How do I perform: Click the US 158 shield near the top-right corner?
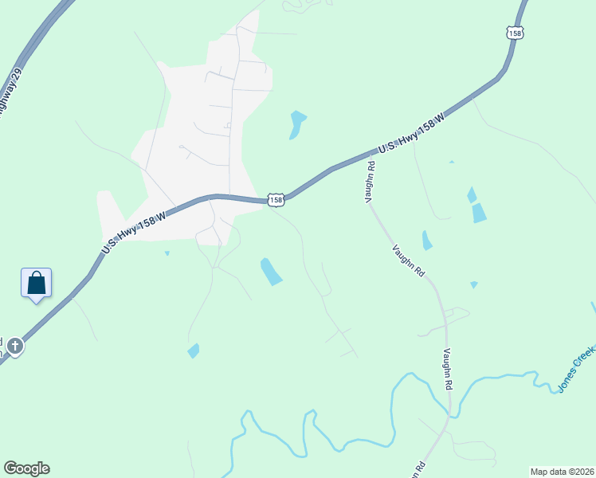tap(515, 33)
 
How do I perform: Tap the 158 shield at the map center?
tap(275, 200)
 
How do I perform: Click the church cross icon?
tap(14, 346)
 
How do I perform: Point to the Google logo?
tap(26, 468)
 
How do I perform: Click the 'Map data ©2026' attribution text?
tap(561, 471)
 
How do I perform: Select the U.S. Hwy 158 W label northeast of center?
tap(410, 133)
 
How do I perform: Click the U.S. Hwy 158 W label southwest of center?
tap(134, 233)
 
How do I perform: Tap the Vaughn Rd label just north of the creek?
tap(448, 369)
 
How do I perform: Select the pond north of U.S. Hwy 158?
tap(297, 123)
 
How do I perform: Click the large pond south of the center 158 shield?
tap(271, 272)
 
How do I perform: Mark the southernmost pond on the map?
tap(193, 351)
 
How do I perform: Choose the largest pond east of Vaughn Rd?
tap(478, 213)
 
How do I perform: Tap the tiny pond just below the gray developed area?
tap(167, 253)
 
